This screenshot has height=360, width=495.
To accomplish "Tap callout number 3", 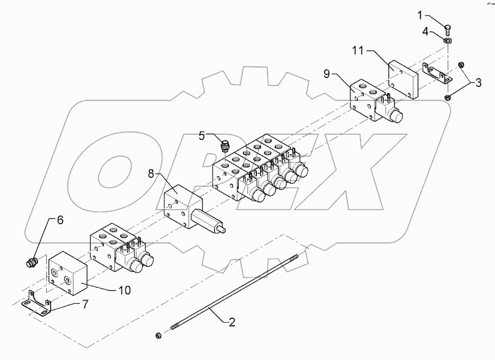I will click(x=479, y=84).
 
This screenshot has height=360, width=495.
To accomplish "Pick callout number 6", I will click(x=61, y=220).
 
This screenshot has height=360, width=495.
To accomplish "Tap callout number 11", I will click(x=358, y=51).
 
